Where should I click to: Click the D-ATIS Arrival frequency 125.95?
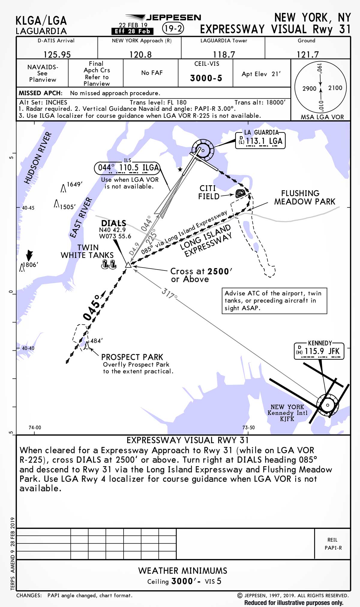57,54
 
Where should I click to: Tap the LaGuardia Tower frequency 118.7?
224,54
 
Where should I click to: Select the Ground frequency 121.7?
307,54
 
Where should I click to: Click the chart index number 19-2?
173,29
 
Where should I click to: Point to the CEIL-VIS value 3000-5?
206,78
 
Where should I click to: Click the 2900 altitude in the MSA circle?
309,89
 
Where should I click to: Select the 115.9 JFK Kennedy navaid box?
319,351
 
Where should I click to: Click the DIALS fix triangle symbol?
128,265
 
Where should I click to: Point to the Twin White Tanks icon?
109,264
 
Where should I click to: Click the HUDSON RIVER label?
38,158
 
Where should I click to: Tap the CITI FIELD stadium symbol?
240,193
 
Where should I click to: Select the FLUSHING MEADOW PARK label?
304,198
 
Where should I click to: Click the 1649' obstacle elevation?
74,184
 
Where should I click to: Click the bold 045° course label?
91,308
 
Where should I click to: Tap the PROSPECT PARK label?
132,357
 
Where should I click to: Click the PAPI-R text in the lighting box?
333,548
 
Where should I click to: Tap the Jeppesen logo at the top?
163,17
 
